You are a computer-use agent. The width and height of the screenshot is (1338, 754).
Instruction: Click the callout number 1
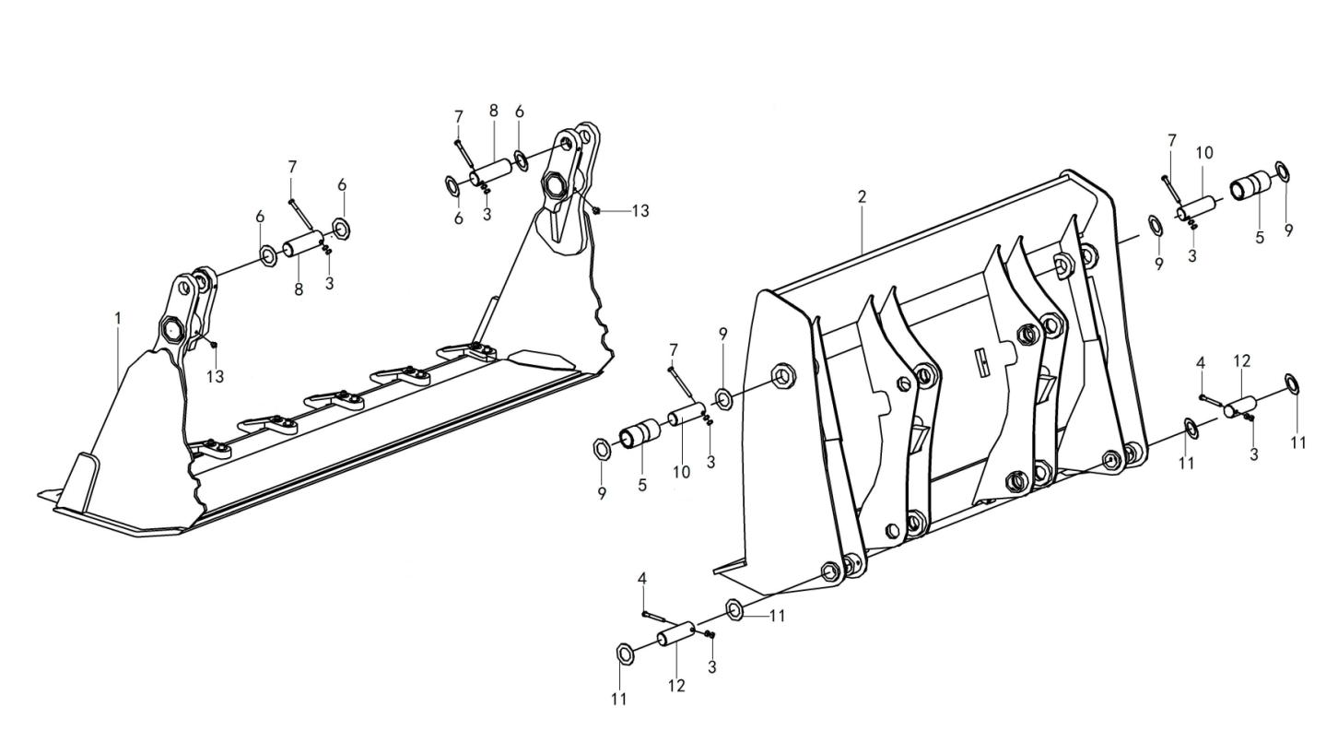click(118, 318)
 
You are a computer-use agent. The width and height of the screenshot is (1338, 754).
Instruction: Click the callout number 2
click(862, 196)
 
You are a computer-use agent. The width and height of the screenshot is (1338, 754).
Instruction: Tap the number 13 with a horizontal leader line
click(640, 211)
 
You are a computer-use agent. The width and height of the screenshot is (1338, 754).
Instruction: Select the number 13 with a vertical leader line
click(215, 376)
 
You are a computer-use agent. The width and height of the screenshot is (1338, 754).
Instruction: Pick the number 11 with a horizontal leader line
click(777, 616)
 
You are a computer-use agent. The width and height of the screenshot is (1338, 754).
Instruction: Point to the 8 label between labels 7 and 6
click(493, 111)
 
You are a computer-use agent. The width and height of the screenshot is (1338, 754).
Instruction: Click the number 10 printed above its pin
click(1204, 153)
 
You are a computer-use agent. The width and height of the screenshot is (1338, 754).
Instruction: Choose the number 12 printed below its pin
click(676, 687)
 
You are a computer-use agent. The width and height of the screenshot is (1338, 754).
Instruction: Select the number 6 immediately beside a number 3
click(459, 218)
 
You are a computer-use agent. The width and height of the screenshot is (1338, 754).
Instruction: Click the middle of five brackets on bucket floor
click(334, 400)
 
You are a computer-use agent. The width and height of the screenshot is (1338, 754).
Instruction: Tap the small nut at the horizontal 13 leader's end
click(596, 210)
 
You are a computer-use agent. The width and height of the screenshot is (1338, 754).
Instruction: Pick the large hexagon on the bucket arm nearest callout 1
click(171, 327)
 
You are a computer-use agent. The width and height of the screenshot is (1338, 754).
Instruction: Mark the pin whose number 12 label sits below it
click(676, 636)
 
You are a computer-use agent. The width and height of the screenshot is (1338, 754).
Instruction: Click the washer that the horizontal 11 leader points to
click(734, 610)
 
